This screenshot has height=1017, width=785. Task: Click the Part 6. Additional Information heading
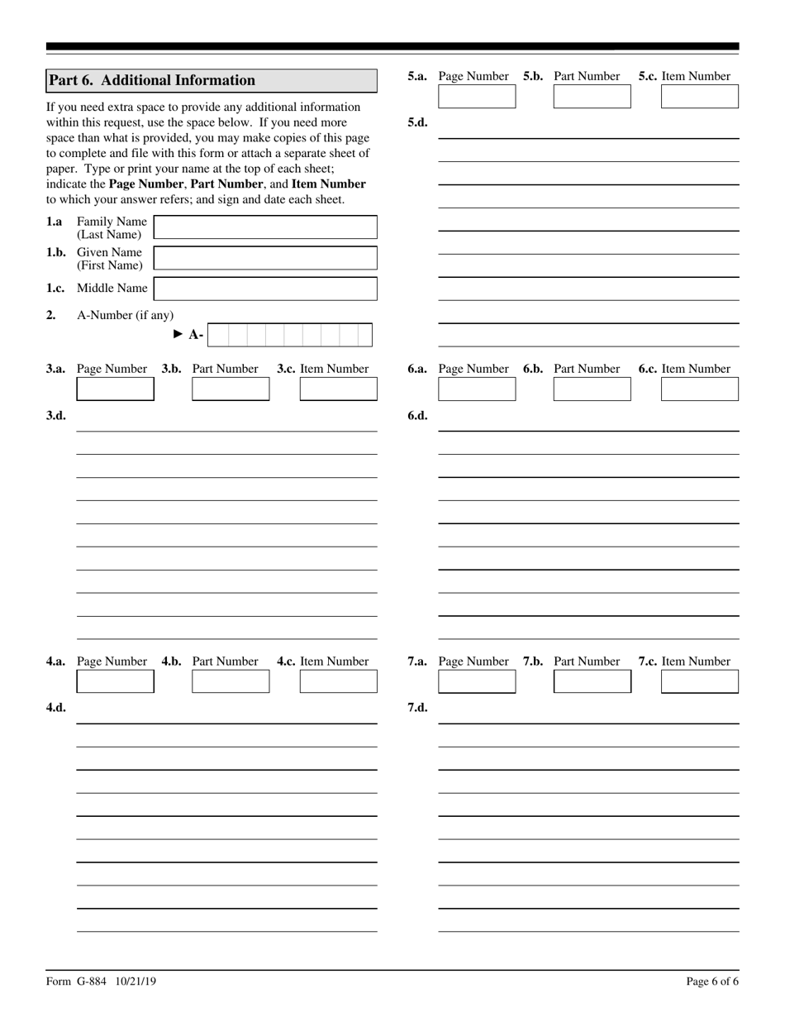(152, 80)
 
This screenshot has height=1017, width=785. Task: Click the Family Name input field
(265, 227)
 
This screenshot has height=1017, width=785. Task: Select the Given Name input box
(265, 258)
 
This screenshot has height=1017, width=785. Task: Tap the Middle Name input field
(265, 289)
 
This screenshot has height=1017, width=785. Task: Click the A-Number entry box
(289, 335)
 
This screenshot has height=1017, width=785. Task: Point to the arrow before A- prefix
(178, 334)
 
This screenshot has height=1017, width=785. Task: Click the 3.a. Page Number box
(115, 389)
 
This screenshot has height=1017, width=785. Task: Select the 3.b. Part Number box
(231, 389)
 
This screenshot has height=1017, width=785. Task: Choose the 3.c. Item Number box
(338, 389)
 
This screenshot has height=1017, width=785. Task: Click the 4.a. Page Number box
(115, 681)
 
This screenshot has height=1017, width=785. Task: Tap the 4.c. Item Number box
(338, 681)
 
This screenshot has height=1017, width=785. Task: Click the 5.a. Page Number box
(477, 97)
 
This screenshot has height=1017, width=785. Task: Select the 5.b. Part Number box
(592, 97)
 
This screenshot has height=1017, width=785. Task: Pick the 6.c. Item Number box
(700, 389)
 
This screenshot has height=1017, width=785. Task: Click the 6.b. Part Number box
(592, 389)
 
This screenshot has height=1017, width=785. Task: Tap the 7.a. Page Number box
(477, 681)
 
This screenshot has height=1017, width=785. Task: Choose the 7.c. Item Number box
(700, 681)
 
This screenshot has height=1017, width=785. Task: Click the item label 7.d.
(417, 708)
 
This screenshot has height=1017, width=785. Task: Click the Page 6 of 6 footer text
(712, 981)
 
